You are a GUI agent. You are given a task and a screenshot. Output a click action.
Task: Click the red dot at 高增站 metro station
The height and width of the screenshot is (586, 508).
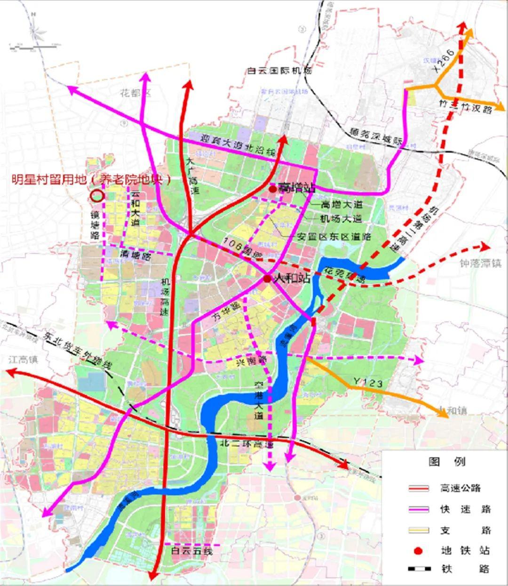pyautogui.click(x=272, y=189)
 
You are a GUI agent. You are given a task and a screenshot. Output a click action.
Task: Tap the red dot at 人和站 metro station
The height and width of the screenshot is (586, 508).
pyautogui.click(x=267, y=279)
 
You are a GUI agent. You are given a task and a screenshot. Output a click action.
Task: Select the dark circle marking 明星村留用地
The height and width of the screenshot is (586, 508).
pyautogui.click(x=98, y=196)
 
